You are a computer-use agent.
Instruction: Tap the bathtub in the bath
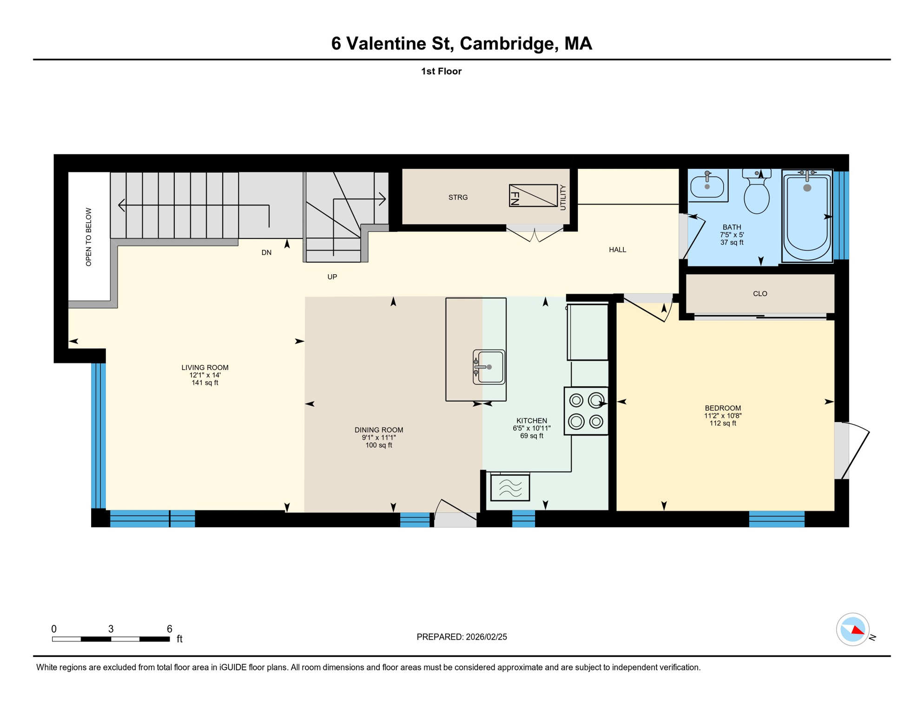point(807,216)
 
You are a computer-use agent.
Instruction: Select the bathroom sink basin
point(707,186)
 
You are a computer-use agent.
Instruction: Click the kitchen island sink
point(488,367)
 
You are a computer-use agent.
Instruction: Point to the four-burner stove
point(586,411)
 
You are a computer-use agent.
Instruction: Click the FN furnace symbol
point(533,196)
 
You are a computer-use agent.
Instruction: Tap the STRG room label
point(458,198)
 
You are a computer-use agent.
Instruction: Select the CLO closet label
point(760,294)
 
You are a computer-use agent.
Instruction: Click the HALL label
point(617,250)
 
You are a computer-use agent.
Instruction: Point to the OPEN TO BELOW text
point(88,237)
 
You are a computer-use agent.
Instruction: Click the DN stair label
point(266,253)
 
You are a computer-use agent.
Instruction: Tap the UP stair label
point(332,277)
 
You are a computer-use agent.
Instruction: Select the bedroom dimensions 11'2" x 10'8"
point(723,416)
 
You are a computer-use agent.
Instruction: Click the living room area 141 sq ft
point(205,383)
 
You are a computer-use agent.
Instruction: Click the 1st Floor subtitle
point(441,72)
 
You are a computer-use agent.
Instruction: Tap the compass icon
point(852,629)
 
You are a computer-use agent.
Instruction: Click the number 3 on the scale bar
point(111,629)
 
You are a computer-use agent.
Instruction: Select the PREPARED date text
point(462,637)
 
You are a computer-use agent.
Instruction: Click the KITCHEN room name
point(532,421)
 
